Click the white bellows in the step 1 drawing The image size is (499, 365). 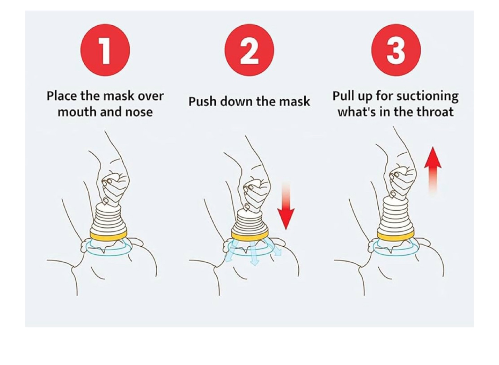(x=109, y=218)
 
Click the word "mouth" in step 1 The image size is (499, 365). (x=77, y=112)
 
